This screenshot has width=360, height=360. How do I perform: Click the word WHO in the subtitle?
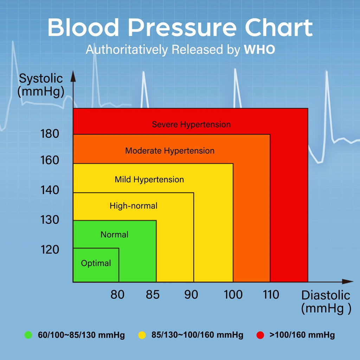point(259,50)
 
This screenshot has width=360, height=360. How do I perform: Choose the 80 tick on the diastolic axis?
point(117,295)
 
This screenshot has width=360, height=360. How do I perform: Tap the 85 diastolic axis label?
point(153,295)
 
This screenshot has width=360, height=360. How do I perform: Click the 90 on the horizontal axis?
point(191,295)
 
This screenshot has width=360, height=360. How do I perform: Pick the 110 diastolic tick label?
point(271,295)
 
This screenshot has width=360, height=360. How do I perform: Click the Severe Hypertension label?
point(191,124)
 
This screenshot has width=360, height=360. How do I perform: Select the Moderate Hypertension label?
point(170,151)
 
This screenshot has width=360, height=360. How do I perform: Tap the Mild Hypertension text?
point(149,180)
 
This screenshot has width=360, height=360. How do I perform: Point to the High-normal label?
point(133,206)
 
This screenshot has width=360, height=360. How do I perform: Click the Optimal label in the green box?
point(96,263)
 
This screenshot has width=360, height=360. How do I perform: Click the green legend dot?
point(28,335)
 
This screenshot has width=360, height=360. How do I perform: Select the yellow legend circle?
point(142,335)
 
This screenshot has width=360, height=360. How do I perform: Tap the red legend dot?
point(260,335)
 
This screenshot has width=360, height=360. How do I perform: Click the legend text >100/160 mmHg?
point(302,335)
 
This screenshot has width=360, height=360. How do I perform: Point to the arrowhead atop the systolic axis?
point(73,77)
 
